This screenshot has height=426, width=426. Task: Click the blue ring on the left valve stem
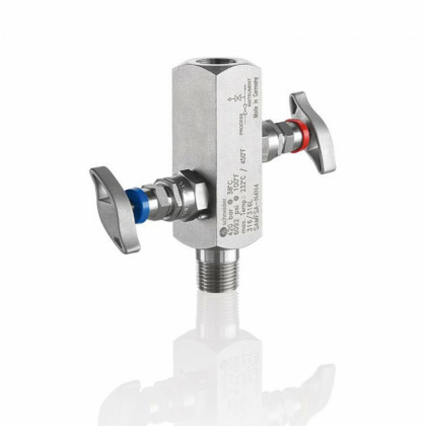pyautogui.click(x=134, y=201)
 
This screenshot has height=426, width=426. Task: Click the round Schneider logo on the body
pyautogui.click(x=222, y=235)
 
